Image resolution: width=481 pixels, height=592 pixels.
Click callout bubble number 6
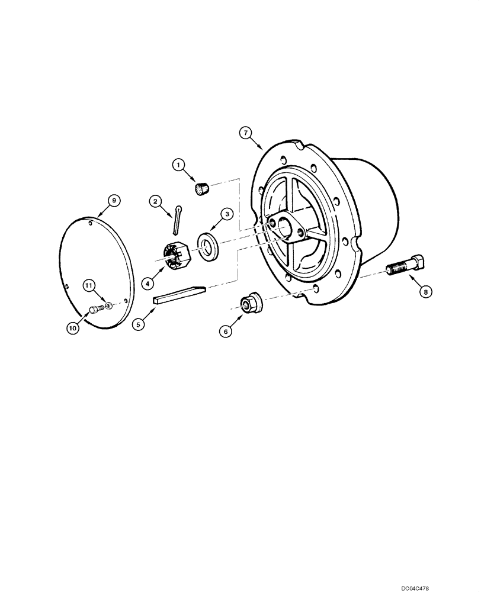(x=225, y=332)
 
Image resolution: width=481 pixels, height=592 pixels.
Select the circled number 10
(x=72, y=327)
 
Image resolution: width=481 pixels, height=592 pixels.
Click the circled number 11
(x=88, y=286)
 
